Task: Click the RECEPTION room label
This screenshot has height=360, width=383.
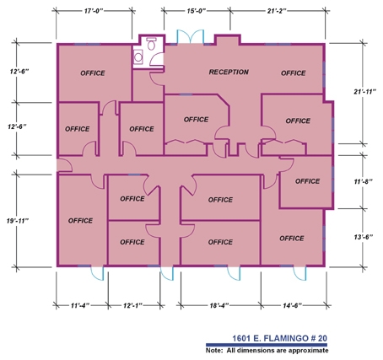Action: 229,72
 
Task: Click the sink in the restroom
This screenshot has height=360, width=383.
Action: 138,56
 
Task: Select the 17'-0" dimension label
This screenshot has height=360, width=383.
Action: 94,11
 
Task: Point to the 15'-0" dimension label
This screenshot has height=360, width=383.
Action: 197,11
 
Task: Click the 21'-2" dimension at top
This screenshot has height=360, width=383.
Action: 277,11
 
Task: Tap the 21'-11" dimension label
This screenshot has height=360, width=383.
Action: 364,91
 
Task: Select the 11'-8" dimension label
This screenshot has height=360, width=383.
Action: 363,181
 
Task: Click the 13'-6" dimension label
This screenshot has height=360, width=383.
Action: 364,237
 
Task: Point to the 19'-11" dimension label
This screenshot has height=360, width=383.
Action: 18,221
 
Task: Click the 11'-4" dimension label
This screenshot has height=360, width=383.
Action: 80,305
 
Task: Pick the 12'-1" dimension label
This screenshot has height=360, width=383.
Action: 132,305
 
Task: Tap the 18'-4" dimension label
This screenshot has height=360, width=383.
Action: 219,305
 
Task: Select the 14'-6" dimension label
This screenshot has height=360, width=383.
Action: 293,305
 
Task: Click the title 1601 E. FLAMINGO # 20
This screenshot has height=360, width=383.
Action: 279,338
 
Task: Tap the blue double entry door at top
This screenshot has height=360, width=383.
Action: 190,36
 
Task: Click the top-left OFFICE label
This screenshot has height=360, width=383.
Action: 93,73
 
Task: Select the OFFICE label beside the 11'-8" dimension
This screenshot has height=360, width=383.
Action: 307,181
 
